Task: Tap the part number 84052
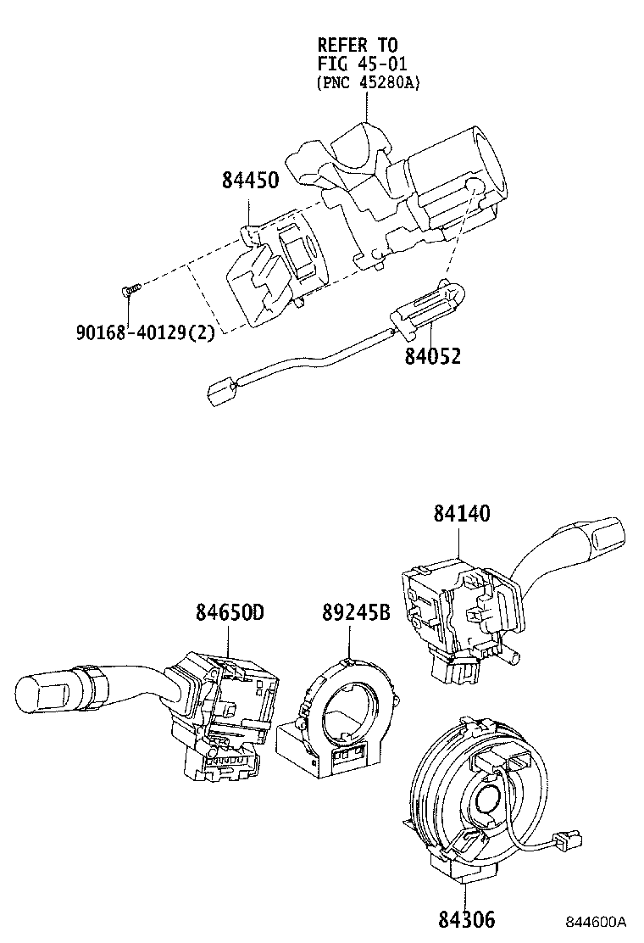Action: coord(432,356)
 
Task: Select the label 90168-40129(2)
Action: coord(145,330)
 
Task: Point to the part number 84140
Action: coord(463,514)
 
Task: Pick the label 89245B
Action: coord(356,611)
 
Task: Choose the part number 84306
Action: coord(466,918)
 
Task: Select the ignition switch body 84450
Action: coord(271,271)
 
